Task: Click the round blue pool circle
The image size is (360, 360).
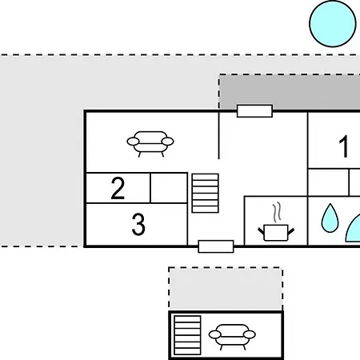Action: tap(333, 24)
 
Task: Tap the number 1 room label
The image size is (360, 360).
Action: tap(344, 146)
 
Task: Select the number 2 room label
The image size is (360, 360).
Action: tap(118, 188)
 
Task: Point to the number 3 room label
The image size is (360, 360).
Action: tap(138, 224)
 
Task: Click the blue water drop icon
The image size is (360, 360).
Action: tap(330, 218)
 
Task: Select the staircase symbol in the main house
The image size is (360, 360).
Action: tap(205, 193)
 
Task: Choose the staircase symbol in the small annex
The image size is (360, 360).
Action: tap(187, 335)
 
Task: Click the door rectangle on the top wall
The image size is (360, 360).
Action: tap(254, 111)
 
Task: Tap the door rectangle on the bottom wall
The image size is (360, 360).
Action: tap(216, 246)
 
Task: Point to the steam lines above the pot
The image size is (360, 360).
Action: tap(277, 212)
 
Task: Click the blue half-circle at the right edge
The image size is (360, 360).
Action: tap(354, 230)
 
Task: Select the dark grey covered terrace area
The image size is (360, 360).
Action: tap(290, 92)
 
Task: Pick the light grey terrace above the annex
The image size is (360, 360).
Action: tap(226, 289)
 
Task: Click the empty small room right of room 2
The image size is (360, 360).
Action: tap(169, 188)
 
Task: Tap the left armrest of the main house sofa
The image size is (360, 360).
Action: tap(133, 142)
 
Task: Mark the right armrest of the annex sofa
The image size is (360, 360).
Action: tap(250, 334)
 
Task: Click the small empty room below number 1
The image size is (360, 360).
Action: tap(328, 182)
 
